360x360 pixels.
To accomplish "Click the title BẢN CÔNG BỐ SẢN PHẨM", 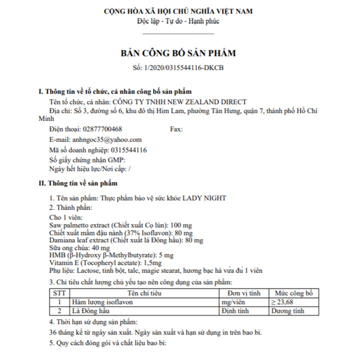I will (x=178, y=53).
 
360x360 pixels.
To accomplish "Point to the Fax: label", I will (x=176, y=129).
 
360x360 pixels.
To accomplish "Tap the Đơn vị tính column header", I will (x=243, y=293).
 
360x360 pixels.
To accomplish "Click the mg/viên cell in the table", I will (x=235, y=302).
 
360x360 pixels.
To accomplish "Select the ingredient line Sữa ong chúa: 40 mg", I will (x=79, y=247).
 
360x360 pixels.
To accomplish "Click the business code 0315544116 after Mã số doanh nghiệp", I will (x=128, y=149).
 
